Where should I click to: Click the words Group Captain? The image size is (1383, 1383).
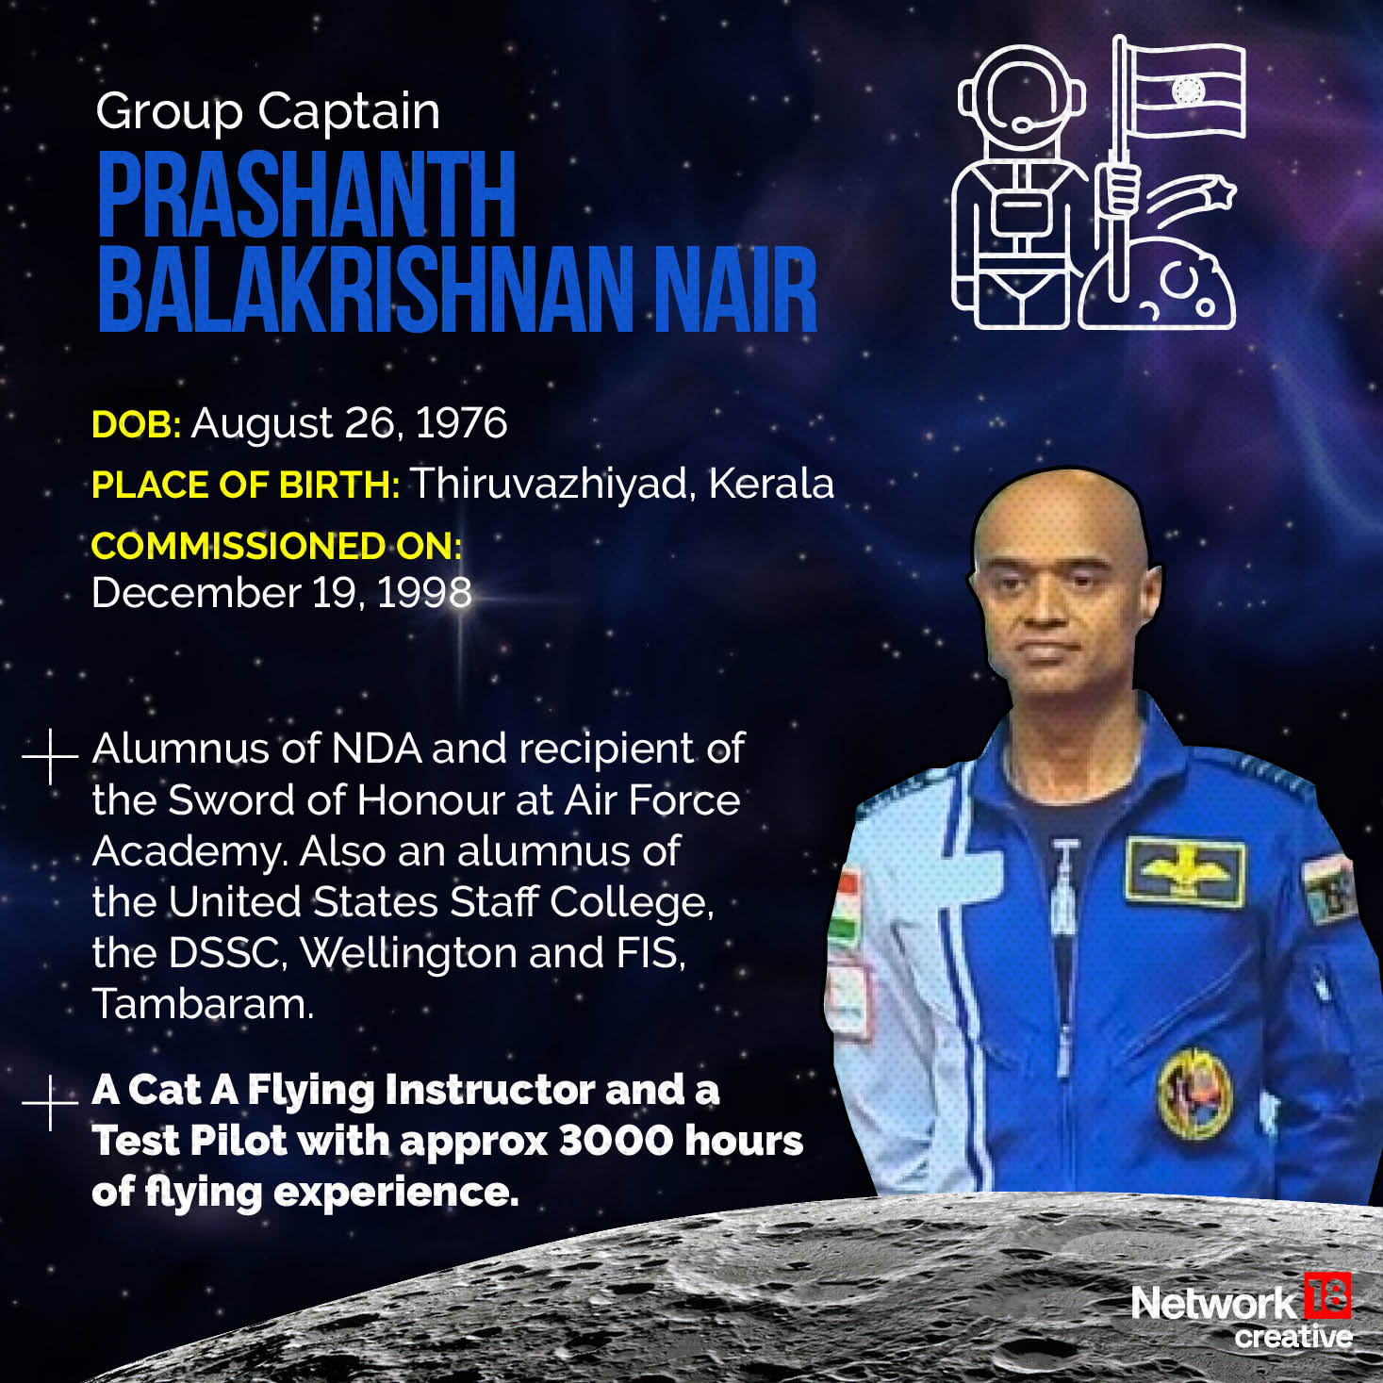click(x=268, y=112)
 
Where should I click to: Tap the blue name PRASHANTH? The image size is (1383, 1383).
click(x=306, y=195)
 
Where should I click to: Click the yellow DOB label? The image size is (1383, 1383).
click(x=136, y=424)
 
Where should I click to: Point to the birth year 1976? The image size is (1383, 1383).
click(x=461, y=423)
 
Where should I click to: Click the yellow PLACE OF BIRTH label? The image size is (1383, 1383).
click(x=245, y=485)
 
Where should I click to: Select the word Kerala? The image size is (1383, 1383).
click(x=770, y=484)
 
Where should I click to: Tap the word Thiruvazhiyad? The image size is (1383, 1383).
click(x=552, y=484)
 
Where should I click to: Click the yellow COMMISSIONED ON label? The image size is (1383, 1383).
click(x=275, y=546)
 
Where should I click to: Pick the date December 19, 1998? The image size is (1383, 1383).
click(x=281, y=593)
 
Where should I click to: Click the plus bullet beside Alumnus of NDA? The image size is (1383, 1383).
click(x=49, y=756)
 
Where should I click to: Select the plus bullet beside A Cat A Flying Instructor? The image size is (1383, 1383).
click(x=49, y=1102)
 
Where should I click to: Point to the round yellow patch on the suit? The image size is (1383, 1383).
click(x=1194, y=1093)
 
